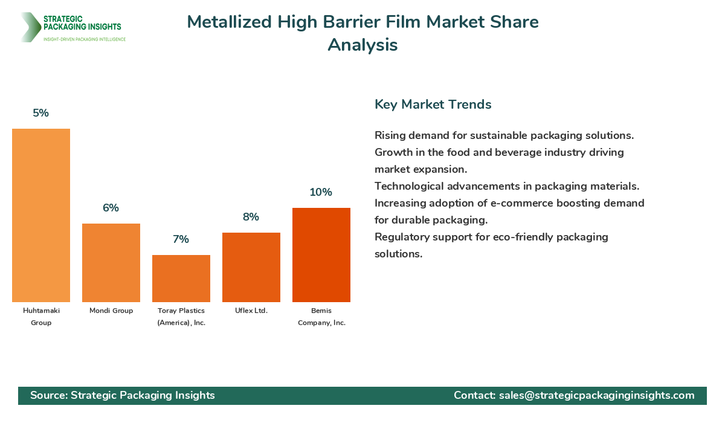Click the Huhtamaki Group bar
click(41, 215)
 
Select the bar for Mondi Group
click(111, 263)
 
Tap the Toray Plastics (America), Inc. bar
click(181, 279)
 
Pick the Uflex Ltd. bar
click(251, 267)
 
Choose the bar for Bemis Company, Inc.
click(321, 255)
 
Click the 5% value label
click(41, 113)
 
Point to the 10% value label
click(321, 192)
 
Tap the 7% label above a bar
click(181, 239)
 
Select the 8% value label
click(251, 217)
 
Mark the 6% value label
click(111, 208)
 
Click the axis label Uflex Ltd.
click(251, 311)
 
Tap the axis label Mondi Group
click(111, 311)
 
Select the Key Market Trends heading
click(433, 104)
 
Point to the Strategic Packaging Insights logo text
click(82, 23)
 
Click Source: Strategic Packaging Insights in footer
click(123, 395)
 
